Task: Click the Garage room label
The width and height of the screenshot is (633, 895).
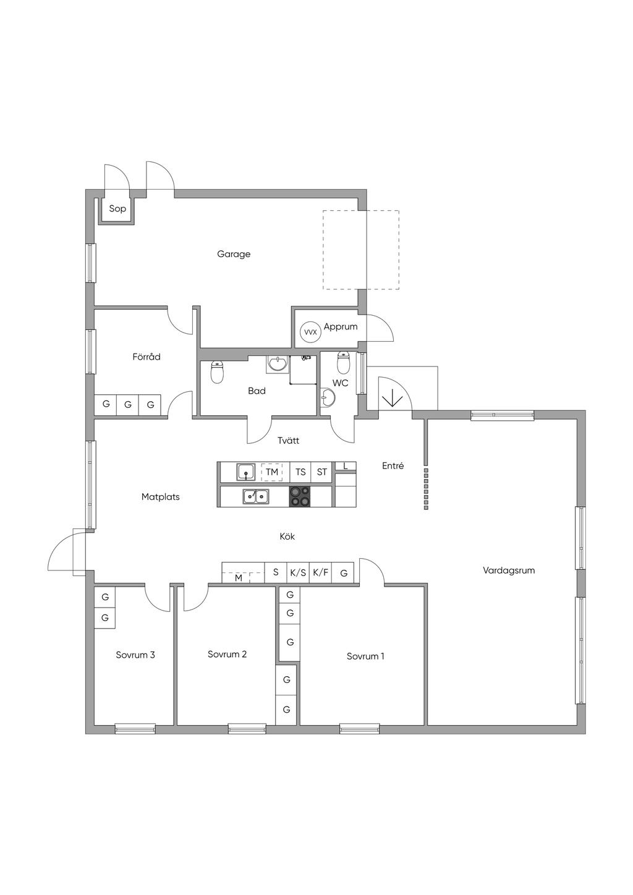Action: [x=234, y=254]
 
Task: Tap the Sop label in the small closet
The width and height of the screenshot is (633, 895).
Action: [x=117, y=208]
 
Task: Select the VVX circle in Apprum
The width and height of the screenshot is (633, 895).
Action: [x=311, y=332]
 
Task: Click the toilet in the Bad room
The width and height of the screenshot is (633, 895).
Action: [x=216, y=371]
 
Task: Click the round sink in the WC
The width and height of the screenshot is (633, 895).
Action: [x=328, y=398]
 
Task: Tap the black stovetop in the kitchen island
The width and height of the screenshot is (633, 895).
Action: [x=299, y=496]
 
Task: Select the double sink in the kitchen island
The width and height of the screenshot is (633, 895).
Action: [x=256, y=496]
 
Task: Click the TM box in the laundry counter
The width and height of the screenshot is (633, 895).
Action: [x=272, y=472]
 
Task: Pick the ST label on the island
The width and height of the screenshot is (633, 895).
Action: [x=321, y=472]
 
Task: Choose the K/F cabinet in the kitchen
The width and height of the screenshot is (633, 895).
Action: [x=320, y=572]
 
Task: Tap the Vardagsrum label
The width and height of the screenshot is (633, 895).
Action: [x=509, y=571]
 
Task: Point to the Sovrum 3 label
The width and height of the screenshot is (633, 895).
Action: [x=135, y=655]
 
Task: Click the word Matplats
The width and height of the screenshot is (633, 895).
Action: [x=161, y=497]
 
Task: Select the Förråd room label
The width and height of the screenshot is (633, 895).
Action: [x=147, y=357]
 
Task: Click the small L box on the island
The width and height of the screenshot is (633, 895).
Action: [x=346, y=466]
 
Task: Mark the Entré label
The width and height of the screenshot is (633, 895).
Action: [x=393, y=465]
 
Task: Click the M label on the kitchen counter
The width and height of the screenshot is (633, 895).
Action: [x=239, y=578]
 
